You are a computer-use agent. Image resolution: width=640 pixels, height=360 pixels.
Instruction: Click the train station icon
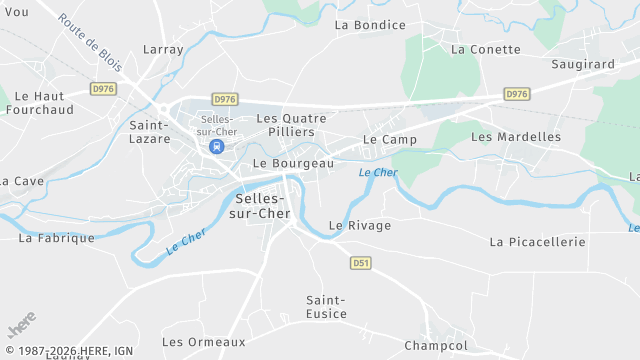(x=216, y=146)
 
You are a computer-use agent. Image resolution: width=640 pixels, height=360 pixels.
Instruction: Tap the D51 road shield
(x=361, y=263)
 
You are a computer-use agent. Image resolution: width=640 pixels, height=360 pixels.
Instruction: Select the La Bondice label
(x=370, y=25)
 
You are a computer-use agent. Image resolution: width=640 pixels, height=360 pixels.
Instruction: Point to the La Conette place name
(x=486, y=49)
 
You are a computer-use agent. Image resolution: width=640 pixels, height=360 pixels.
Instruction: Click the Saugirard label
(x=583, y=64)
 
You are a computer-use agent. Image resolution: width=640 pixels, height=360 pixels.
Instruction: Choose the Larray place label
(x=163, y=49)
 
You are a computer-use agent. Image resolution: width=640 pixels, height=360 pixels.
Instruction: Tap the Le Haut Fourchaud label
(x=44, y=102)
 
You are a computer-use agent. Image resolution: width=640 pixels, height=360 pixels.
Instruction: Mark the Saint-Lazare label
(x=149, y=132)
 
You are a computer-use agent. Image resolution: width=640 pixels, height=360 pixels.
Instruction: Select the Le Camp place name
(x=390, y=139)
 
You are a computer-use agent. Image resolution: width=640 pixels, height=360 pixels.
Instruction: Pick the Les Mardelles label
(x=516, y=136)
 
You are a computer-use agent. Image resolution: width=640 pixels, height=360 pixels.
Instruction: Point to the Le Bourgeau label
(x=294, y=163)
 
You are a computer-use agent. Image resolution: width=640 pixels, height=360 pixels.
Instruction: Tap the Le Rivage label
(x=360, y=226)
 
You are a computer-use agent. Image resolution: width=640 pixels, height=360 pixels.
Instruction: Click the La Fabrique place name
(x=57, y=238)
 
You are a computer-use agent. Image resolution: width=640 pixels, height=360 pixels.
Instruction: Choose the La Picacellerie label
(x=537, y=242)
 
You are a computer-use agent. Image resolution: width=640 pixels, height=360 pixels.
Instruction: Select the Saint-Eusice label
(x=327, y=307)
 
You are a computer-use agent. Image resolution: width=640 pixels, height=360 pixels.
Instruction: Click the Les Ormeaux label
(x=204, y=342)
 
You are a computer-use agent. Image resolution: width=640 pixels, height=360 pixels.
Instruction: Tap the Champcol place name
(x=436, y=346)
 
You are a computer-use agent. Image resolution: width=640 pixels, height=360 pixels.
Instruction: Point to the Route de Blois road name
(x=90, y=42)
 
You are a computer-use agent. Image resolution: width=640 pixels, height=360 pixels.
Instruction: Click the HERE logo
(x=21, y=327)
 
